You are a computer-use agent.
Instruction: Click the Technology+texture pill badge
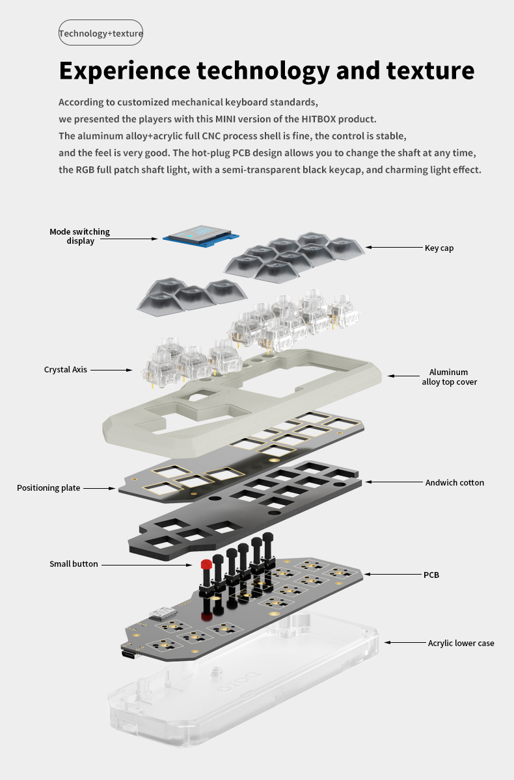click(101, 32)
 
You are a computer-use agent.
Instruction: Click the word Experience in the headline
click(125, 71)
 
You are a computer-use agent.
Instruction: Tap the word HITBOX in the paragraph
click(319, 119)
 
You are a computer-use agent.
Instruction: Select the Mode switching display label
click(80, 236)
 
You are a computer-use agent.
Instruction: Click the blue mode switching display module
click(201, 235)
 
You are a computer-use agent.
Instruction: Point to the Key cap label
click(439, 248)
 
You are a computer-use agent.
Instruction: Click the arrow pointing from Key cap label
click(394, 247)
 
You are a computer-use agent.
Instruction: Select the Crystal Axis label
click(66, 369)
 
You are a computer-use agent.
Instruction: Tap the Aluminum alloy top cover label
click(449, 377)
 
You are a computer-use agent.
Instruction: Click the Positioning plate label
click(48, 488)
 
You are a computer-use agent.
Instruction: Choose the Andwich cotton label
click(454, 482)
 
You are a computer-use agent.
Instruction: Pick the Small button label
click(74, 564)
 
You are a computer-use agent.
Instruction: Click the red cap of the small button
click(206, 564)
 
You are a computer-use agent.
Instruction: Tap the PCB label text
click(431, 575)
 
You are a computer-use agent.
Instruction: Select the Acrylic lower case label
click(461, 643)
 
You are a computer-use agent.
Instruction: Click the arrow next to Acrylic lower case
click(405, 642)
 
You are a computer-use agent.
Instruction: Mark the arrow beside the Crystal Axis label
click(111, 370)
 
